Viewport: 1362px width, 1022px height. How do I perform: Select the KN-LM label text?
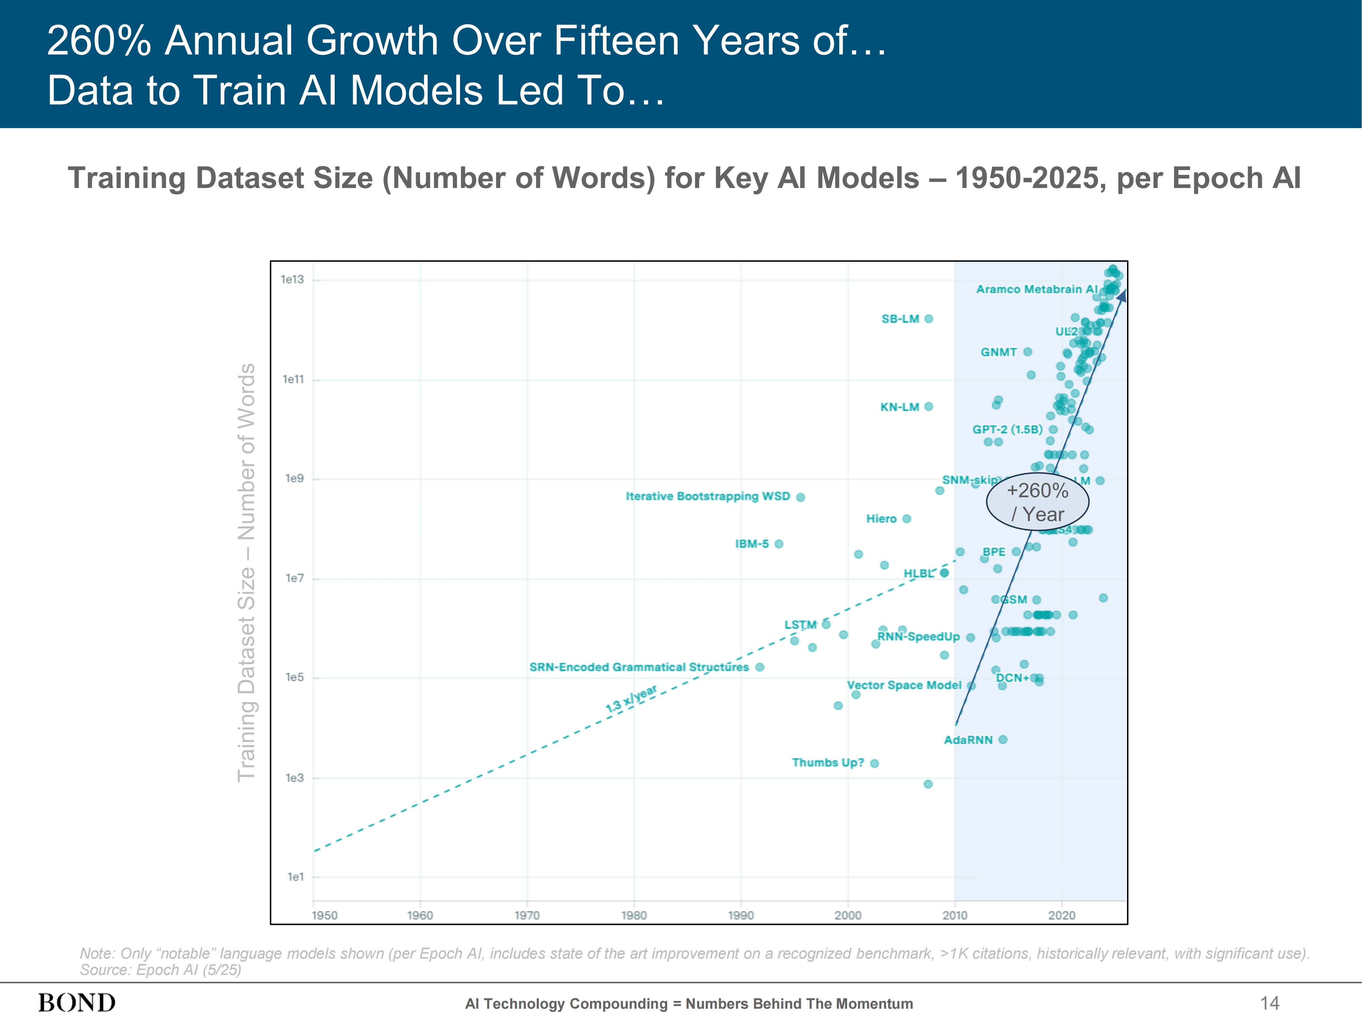[900, 407]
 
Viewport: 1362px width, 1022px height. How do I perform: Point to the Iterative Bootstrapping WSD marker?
[801, 497]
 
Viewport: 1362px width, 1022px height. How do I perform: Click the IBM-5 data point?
[779, 544]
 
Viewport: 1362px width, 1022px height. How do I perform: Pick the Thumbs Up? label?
[827, 763]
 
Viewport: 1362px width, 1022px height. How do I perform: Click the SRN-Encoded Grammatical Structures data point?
[760, 667]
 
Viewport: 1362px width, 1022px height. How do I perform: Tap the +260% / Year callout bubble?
[1038, 502]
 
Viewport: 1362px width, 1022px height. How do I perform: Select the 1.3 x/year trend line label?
[631, 699]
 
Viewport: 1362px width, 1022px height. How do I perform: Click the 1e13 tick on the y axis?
[292, 280]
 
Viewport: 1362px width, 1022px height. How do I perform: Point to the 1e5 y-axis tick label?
[294, 678]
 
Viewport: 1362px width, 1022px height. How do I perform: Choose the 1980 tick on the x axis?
[634, 915]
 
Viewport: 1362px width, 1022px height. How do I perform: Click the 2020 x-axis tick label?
[1062, 915]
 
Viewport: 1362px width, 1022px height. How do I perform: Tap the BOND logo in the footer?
[77, 1003]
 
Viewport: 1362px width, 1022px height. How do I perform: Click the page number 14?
[1270, 1003]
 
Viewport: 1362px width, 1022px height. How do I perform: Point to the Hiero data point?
[906, 519]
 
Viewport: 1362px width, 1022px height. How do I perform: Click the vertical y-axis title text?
[246, 573]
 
